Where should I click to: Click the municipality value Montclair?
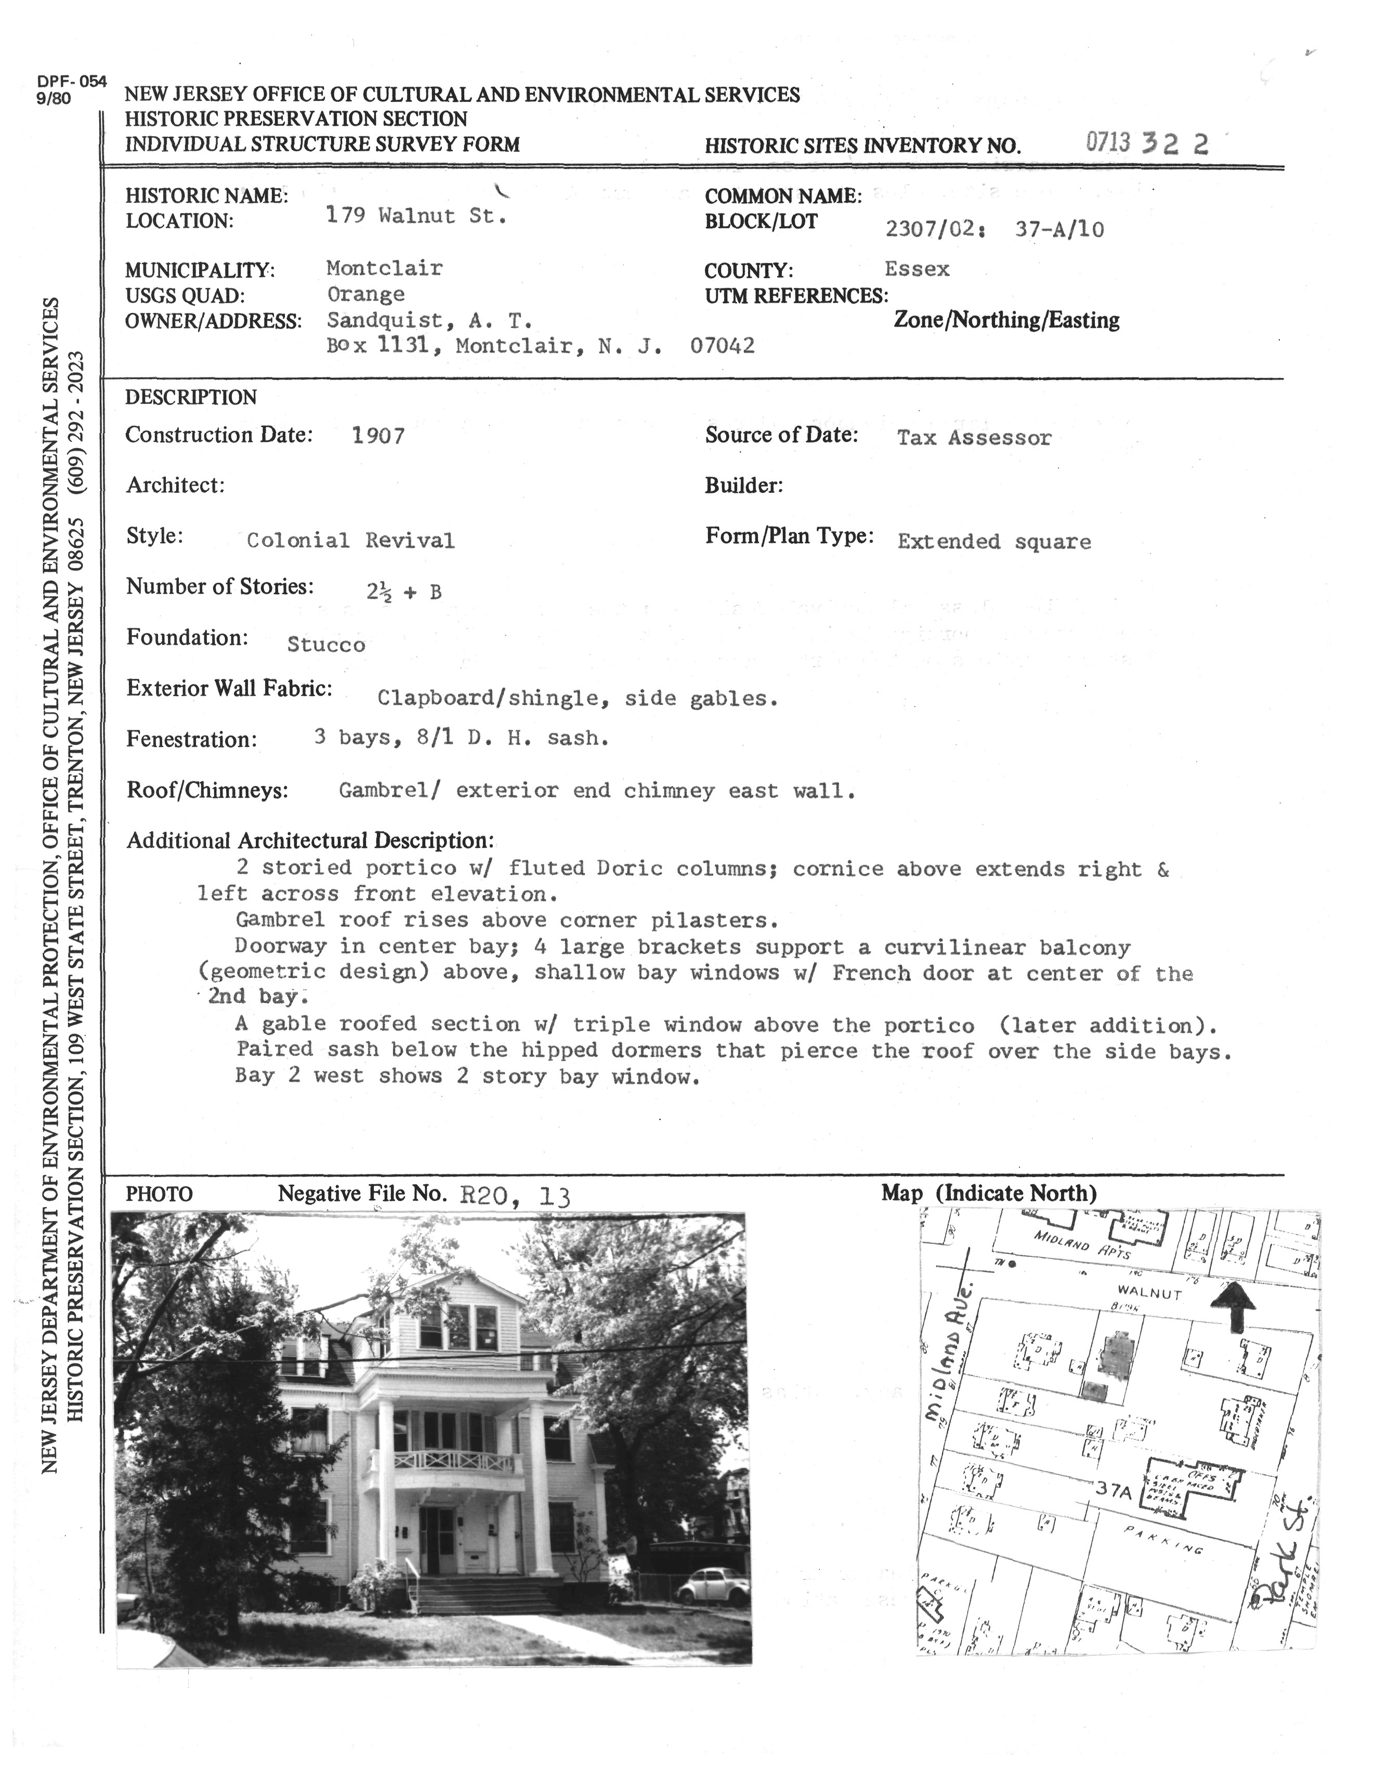click(x=384, y=268)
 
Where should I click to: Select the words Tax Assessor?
click(x=974, y=438)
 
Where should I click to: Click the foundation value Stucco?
click(x=325, y=645)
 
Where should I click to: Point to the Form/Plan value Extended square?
click(x=993, y=542)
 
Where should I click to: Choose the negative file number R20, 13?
click(x=515, y=1197)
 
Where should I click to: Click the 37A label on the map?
click(x=1113, y=1493)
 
